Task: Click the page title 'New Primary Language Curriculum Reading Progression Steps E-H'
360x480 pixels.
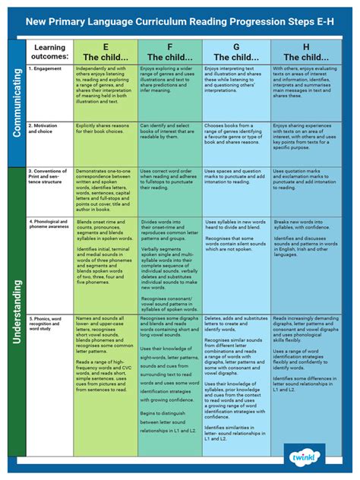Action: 180,21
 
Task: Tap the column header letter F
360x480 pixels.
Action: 170,47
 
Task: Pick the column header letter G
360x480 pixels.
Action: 236,47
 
